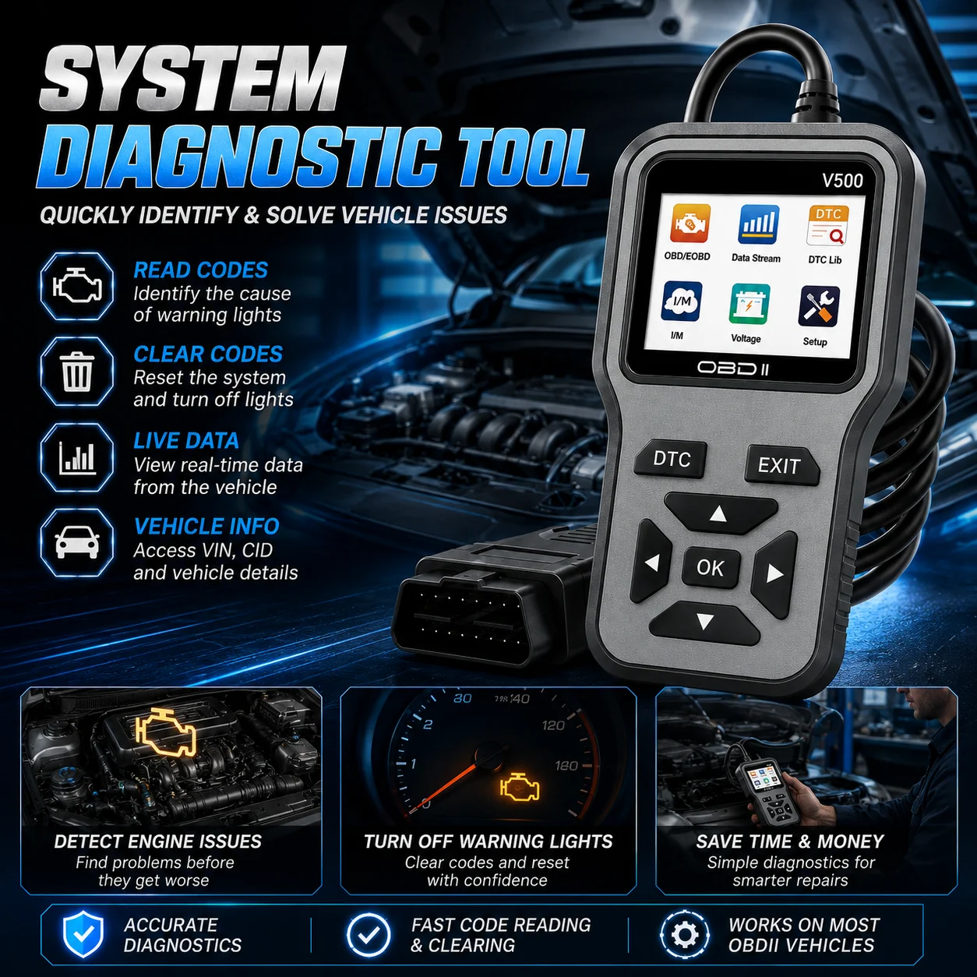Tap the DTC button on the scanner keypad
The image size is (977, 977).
coord(671,459)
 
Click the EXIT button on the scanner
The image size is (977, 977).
coord(781,465)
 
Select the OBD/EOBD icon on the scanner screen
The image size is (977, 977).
coord(690,224)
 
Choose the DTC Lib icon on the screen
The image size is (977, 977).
coord(827,226)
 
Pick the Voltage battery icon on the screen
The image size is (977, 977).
coord(750,304)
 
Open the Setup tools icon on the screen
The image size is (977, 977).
coord(818,306)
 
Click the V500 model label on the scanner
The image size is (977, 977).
coord(842,181)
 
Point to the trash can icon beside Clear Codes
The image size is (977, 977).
coord(76,371)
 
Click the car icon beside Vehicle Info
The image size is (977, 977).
coord(76,542)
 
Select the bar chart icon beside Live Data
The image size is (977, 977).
coord(77,457)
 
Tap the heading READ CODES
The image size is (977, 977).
coord(200,270)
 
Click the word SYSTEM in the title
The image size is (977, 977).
coord(192,78)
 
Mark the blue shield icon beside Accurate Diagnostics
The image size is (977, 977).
coord(83,934)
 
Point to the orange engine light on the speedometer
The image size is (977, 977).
coord(520,788)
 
